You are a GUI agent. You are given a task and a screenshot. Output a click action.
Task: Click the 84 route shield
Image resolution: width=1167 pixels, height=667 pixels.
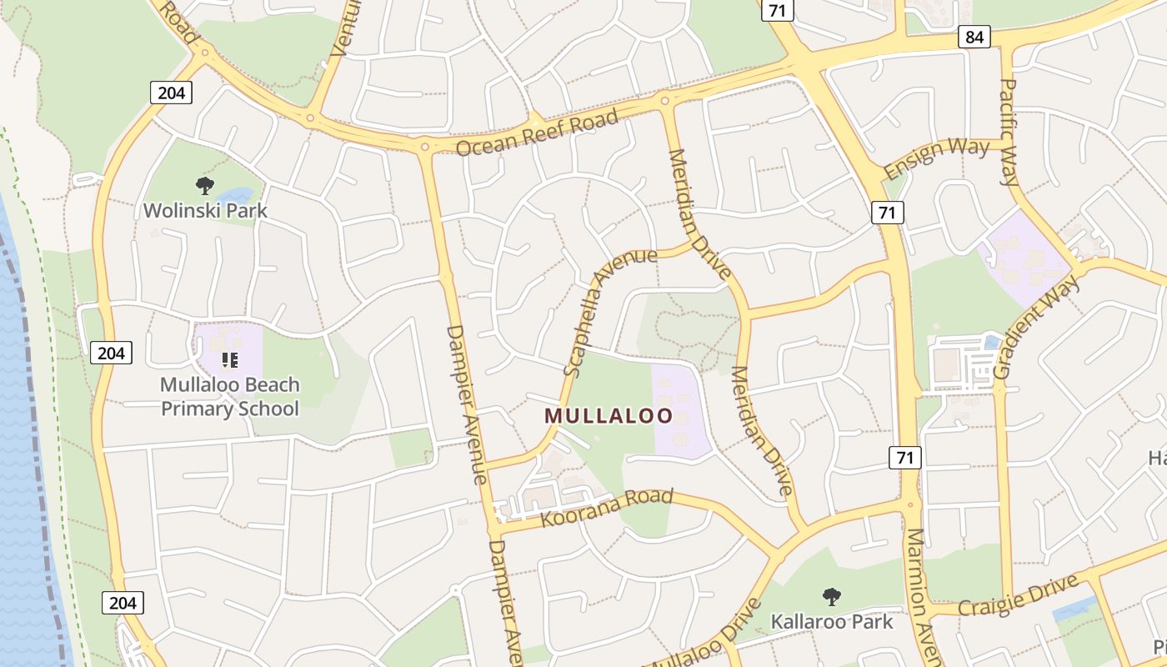coord(974,37)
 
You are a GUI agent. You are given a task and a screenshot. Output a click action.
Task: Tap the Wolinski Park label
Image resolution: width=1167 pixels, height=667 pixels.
coord(205,210)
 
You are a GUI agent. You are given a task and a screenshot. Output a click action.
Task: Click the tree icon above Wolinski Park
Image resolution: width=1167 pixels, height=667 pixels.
coord(204,185)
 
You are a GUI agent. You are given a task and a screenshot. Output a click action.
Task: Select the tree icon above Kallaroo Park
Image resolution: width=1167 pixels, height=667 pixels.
coord(831,596)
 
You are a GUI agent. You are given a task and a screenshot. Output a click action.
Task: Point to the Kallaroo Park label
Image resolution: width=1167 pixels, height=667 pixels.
coord(831,621)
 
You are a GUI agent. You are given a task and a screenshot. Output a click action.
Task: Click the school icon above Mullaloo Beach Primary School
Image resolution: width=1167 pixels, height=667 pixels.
coord(229,360)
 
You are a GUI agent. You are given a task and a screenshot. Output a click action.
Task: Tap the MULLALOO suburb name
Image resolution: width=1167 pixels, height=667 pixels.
coord(609,415)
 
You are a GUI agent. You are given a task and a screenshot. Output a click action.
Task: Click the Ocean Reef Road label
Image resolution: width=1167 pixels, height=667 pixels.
coord(538,132)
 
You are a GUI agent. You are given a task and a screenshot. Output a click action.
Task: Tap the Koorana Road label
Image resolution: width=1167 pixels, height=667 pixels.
coord(606,508)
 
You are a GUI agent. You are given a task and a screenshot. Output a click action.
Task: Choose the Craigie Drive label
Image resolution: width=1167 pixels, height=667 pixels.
coord(1018,594)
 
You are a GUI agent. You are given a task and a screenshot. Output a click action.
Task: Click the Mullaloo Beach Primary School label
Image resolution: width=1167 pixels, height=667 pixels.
coord(229,397)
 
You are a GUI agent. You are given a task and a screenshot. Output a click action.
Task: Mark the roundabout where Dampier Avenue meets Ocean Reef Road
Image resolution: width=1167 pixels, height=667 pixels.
coord(425,148)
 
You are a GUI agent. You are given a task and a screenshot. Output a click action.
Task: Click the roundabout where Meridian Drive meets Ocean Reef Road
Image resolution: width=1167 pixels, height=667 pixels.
coord(664,102)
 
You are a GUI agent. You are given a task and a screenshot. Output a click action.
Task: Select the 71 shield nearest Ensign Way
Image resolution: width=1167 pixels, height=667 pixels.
coord(887,213)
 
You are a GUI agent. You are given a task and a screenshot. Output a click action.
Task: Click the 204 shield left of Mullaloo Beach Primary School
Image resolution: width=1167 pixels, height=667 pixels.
coord(111,353)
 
